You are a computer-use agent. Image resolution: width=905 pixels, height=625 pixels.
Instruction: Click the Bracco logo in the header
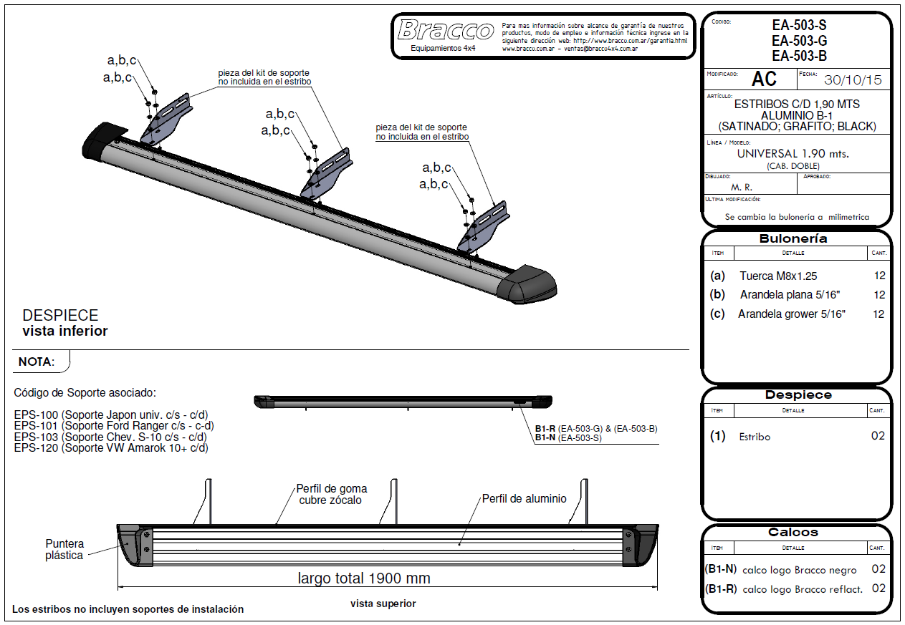pyautogui.click(x=445, y=30)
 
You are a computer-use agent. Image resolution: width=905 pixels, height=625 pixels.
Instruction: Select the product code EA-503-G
pyautogui.click(x=799, y=41)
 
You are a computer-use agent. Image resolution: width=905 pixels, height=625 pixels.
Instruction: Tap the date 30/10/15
pyautogui.click(x=853, y=80)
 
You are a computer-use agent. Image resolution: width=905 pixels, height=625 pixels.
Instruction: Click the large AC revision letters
pyautogui.click(x=764, y=79)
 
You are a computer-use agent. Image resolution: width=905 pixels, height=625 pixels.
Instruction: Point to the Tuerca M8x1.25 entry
pyautogui.click(x=778, y=276)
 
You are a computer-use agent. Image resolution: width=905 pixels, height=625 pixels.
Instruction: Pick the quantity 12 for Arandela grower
pyautogui.click(x=878, y=314)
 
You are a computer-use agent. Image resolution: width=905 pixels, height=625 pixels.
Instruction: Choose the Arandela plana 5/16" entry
pyautogui.click(x=790, y=295)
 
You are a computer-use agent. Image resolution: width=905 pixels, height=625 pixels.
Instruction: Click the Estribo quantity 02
pyautogui.click(x=878, y=436)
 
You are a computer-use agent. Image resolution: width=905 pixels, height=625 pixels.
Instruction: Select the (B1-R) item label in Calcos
pyautogui.click(x=721, y=589)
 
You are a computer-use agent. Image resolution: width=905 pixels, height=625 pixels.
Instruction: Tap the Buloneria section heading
pyautogui.click(x=793, y=238)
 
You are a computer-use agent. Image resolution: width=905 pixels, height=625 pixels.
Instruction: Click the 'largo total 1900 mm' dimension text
pyautogui.click(x=363, y=578)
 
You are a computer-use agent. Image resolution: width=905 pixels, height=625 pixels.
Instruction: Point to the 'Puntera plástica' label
pyautogui.click(x=64, y=549)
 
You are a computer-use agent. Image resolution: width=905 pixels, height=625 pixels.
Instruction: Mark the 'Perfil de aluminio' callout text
pyautogui.click(x=524, y=498)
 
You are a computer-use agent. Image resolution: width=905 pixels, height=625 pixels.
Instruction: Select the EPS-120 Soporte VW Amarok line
pyautogui.click(x=111, y=447)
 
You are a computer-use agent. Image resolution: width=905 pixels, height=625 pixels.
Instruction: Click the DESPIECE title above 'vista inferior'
pyautogui.click(x=60, y=315)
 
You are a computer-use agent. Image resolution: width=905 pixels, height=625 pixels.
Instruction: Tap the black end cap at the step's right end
pyautogui.click(x=527, y=284)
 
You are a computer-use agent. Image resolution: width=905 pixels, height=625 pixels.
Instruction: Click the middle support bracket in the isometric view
pyautogui.click(x=327, y=173)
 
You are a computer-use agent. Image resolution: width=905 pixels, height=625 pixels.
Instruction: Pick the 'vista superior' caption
pyautogui.click(x=383, y=604)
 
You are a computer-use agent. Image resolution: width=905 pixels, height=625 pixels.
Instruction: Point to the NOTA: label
pyautogui.click(x=37, y=362)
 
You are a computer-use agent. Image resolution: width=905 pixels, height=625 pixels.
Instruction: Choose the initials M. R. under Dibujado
pyautogui.click(x=742, y=188)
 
